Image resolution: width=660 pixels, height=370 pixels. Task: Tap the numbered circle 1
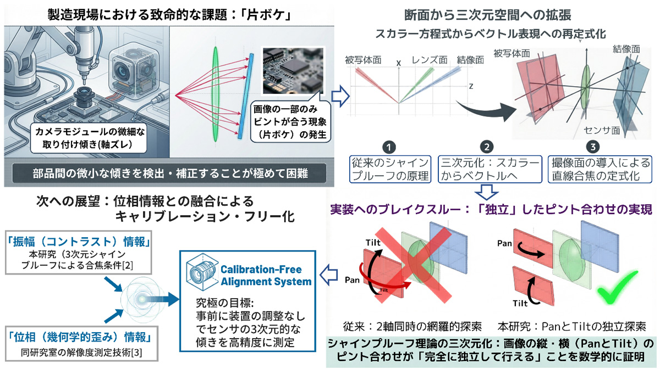click(389, 147)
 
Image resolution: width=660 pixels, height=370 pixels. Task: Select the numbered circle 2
click(486, 147)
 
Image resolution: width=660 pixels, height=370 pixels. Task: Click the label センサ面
click(602, 132)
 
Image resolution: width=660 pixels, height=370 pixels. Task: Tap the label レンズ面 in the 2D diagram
click(430, 59)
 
